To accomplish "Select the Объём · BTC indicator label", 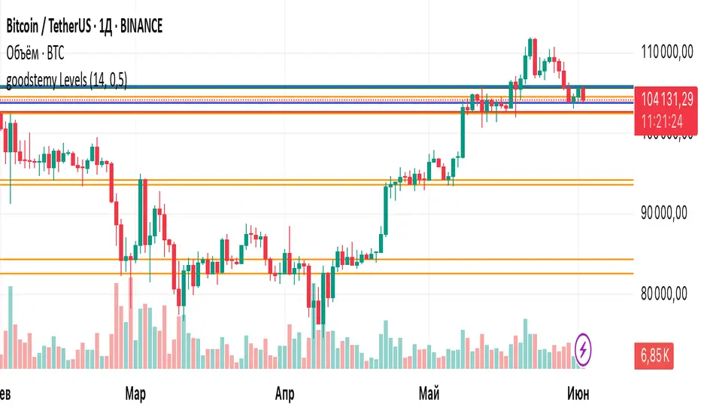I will coord(41,53).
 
